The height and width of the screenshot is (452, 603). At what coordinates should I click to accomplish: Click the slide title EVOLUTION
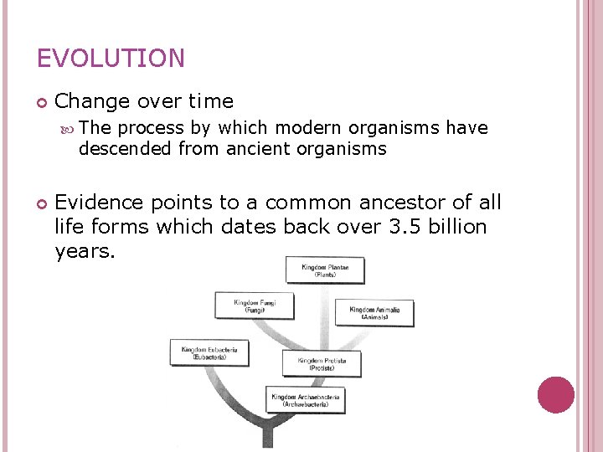pos(111,59)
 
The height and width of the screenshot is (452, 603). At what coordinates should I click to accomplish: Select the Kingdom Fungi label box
pos(255,306)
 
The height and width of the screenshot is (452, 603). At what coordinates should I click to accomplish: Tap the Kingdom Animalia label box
pos(374,312)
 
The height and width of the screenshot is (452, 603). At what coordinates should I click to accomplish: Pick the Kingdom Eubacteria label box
pos(209,352)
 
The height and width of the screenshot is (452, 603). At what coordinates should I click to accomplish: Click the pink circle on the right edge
pos(555,395)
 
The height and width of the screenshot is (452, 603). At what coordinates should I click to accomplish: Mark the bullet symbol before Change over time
pos(42,102)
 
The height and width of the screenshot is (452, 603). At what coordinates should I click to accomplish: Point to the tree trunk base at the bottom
pos(267,437)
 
